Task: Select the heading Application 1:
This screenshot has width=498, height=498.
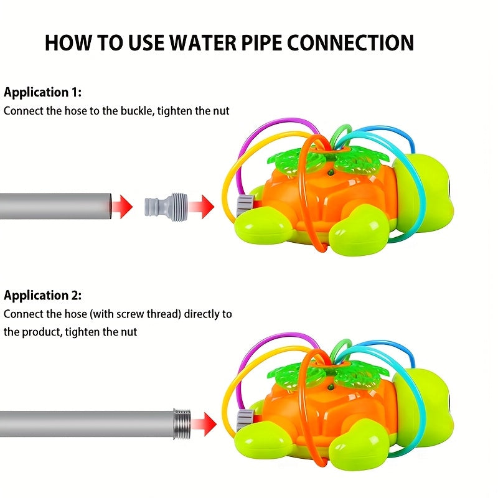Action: (x=42, y=93)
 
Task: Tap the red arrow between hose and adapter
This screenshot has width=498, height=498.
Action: (x=122, y=205)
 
